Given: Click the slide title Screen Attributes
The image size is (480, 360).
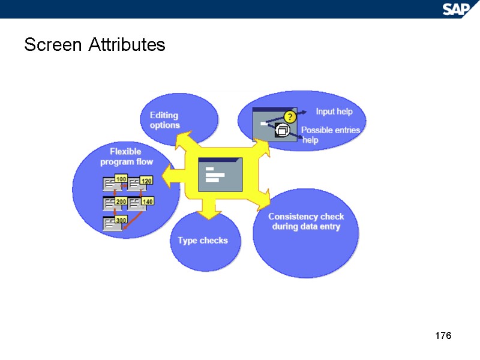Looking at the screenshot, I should (x=95, y=44).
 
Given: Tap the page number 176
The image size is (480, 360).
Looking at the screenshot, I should (x=443, y=335).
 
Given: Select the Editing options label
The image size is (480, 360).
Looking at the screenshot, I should (x=164, y=120).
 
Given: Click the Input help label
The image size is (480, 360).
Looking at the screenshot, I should (x=334, y=112).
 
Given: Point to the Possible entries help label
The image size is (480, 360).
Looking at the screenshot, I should (x=330, y=135).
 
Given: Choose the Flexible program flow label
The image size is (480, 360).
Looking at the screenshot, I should (x=126, y=157).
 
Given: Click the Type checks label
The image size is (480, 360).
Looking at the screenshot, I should (x=203, y=241).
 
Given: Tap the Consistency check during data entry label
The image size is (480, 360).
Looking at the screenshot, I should (x=306, y=221).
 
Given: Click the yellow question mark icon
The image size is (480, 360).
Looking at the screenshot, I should (x=289, y=116).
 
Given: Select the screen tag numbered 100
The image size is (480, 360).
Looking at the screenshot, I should (x=121, y=179).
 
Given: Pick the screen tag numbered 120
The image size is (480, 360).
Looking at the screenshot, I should (x=147, y=180).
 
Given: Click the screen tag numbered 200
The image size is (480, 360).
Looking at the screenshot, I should (x=121, y=202).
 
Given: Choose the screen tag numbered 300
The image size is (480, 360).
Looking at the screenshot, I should (x=121, y=221).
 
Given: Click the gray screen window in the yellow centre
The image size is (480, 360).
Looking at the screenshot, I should (x=220, y=175).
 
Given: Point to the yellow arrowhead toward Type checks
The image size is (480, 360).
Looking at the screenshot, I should (x=208, y=212).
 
